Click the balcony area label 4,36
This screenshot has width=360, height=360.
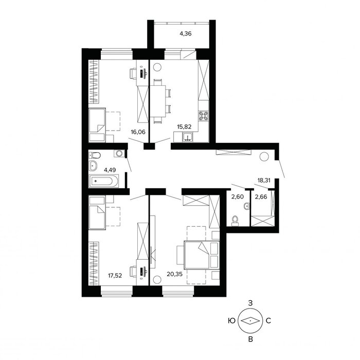tap(186, 34)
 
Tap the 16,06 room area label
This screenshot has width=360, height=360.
tap(138, 132)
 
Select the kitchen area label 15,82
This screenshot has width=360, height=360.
tap(184, 127)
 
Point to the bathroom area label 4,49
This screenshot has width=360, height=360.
tap(110, 170)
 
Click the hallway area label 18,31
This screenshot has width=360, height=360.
tap(264, 181)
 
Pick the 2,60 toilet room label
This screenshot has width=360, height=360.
tap(238, 197)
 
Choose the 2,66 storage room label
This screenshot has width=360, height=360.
tap(261, 197)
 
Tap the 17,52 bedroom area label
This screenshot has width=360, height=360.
tap(115, 276)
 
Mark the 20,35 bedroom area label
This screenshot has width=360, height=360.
tap(175, 274)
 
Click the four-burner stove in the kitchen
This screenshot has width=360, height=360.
tap(204, 116)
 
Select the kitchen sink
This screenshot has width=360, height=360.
tap(188, 137)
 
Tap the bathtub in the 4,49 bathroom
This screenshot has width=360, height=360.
tap(104, 181)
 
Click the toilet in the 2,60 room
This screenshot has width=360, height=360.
tap(235, 220)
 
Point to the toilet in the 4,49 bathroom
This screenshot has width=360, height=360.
tap(94, 155)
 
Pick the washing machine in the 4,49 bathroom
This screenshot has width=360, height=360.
tap(119, 153)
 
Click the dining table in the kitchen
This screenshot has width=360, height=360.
tap(158, 101)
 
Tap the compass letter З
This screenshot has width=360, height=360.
tap(250, 303)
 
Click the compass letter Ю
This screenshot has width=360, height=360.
tap(232, 320)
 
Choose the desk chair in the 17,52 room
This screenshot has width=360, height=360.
tap(133, 272)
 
